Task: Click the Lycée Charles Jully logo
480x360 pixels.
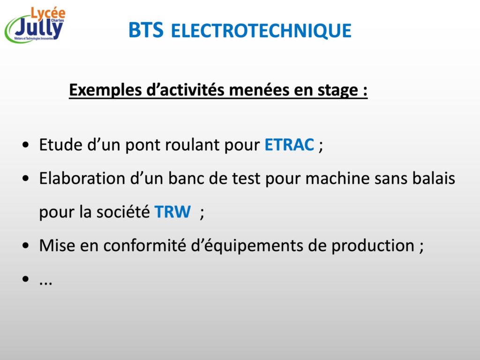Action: pos(35,25)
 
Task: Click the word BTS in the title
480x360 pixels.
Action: pos(146,30)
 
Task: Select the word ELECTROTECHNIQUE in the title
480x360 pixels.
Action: pos(261,30)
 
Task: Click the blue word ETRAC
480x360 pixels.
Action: pos(289,145)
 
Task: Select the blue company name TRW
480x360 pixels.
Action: pos(172,212)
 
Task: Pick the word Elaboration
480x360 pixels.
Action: pos(82,178)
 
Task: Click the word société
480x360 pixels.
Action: pos(123,211)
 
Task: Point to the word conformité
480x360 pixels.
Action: pos(144,245)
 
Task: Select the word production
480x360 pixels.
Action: pos(373,246)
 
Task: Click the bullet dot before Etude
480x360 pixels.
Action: pos(26,145)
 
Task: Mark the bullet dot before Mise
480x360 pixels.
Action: pos(26,246)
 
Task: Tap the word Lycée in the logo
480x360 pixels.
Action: pos(48,13)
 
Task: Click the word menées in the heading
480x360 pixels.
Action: pos(259,90)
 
